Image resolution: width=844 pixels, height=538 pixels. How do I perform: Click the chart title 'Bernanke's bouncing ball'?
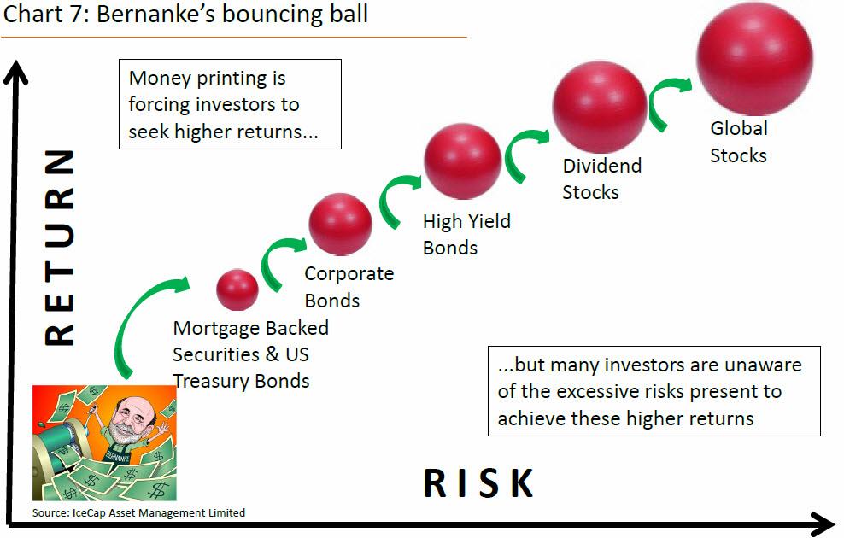232,14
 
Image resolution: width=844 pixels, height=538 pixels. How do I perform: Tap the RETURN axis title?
59,247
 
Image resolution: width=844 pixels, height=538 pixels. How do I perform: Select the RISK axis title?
478,482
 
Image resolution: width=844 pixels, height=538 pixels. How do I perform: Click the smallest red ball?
237,290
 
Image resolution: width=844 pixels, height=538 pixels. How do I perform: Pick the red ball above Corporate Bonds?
340,224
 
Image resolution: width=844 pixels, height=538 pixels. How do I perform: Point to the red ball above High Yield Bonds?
462,161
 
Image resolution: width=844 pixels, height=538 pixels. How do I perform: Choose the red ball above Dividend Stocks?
600,107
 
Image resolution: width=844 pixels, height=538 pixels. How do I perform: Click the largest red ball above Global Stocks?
754,59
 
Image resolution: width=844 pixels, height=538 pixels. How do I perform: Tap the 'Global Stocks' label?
738,142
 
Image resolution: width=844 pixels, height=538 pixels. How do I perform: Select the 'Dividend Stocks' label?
601,178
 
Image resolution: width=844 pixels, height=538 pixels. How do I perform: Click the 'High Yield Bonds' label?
466,234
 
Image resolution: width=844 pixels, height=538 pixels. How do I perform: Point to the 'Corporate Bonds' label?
349,287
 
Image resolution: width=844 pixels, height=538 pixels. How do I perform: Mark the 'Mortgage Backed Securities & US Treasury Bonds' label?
250,354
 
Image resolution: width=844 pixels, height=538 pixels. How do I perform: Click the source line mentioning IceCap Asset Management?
138,512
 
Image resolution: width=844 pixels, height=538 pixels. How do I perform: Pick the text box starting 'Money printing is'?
230,104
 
